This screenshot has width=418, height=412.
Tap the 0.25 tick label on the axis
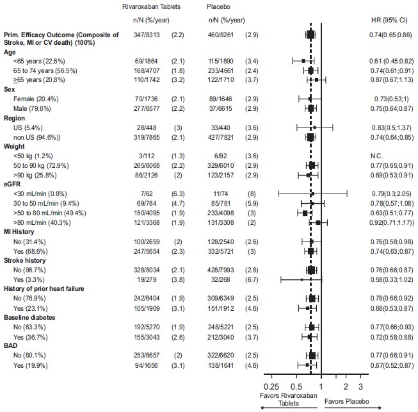(x=271, y=387)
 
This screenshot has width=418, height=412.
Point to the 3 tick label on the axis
(x=360, y=387)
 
